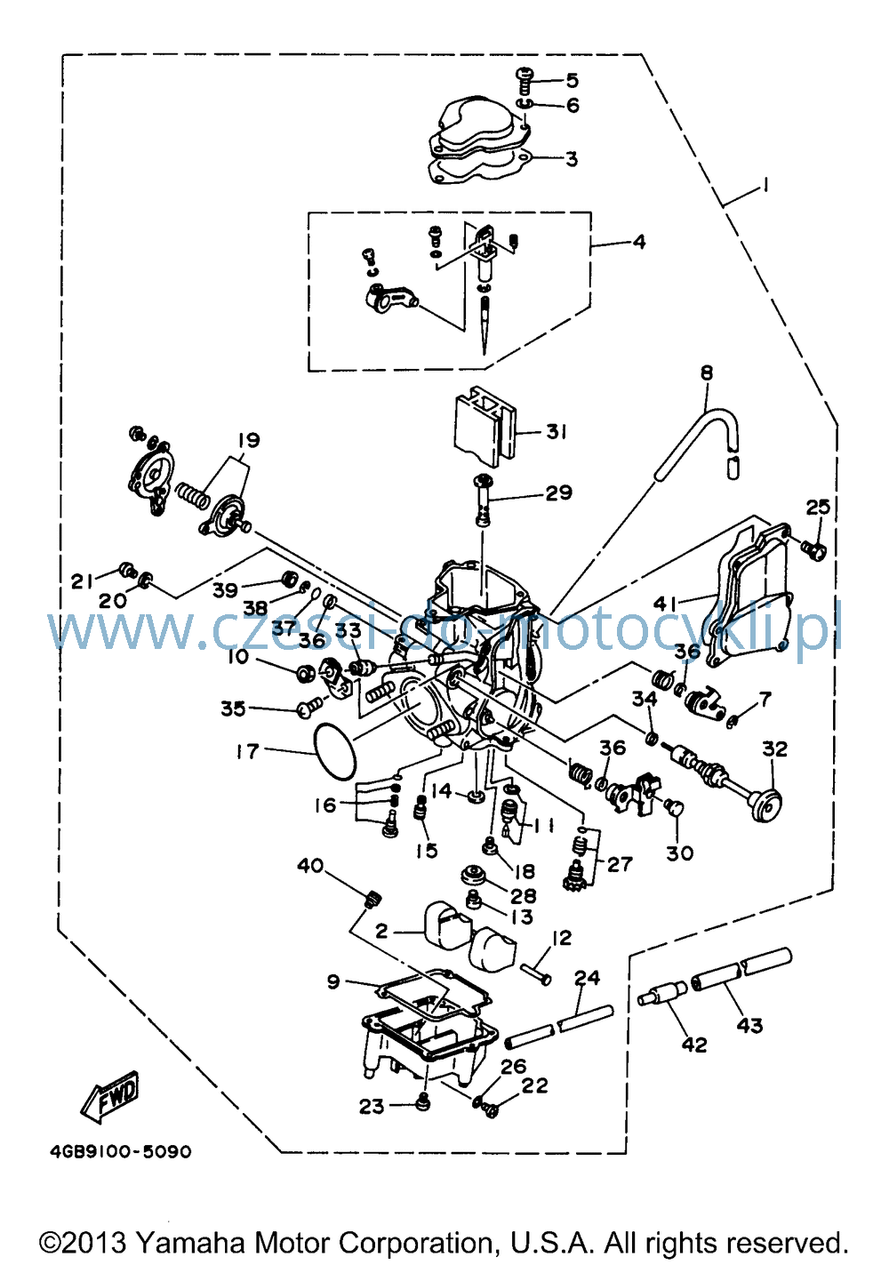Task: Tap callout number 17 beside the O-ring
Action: tap(247, 751)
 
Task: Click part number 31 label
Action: tap(557, 431)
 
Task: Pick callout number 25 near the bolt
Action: tap(817, 507)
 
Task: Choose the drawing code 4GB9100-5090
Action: tap(121, 1151)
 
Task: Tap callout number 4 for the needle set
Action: tap(638, 242)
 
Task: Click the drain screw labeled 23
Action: tap(422, 1101)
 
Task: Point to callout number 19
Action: tap(248, 440)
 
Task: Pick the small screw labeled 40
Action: tap(372, 898)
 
